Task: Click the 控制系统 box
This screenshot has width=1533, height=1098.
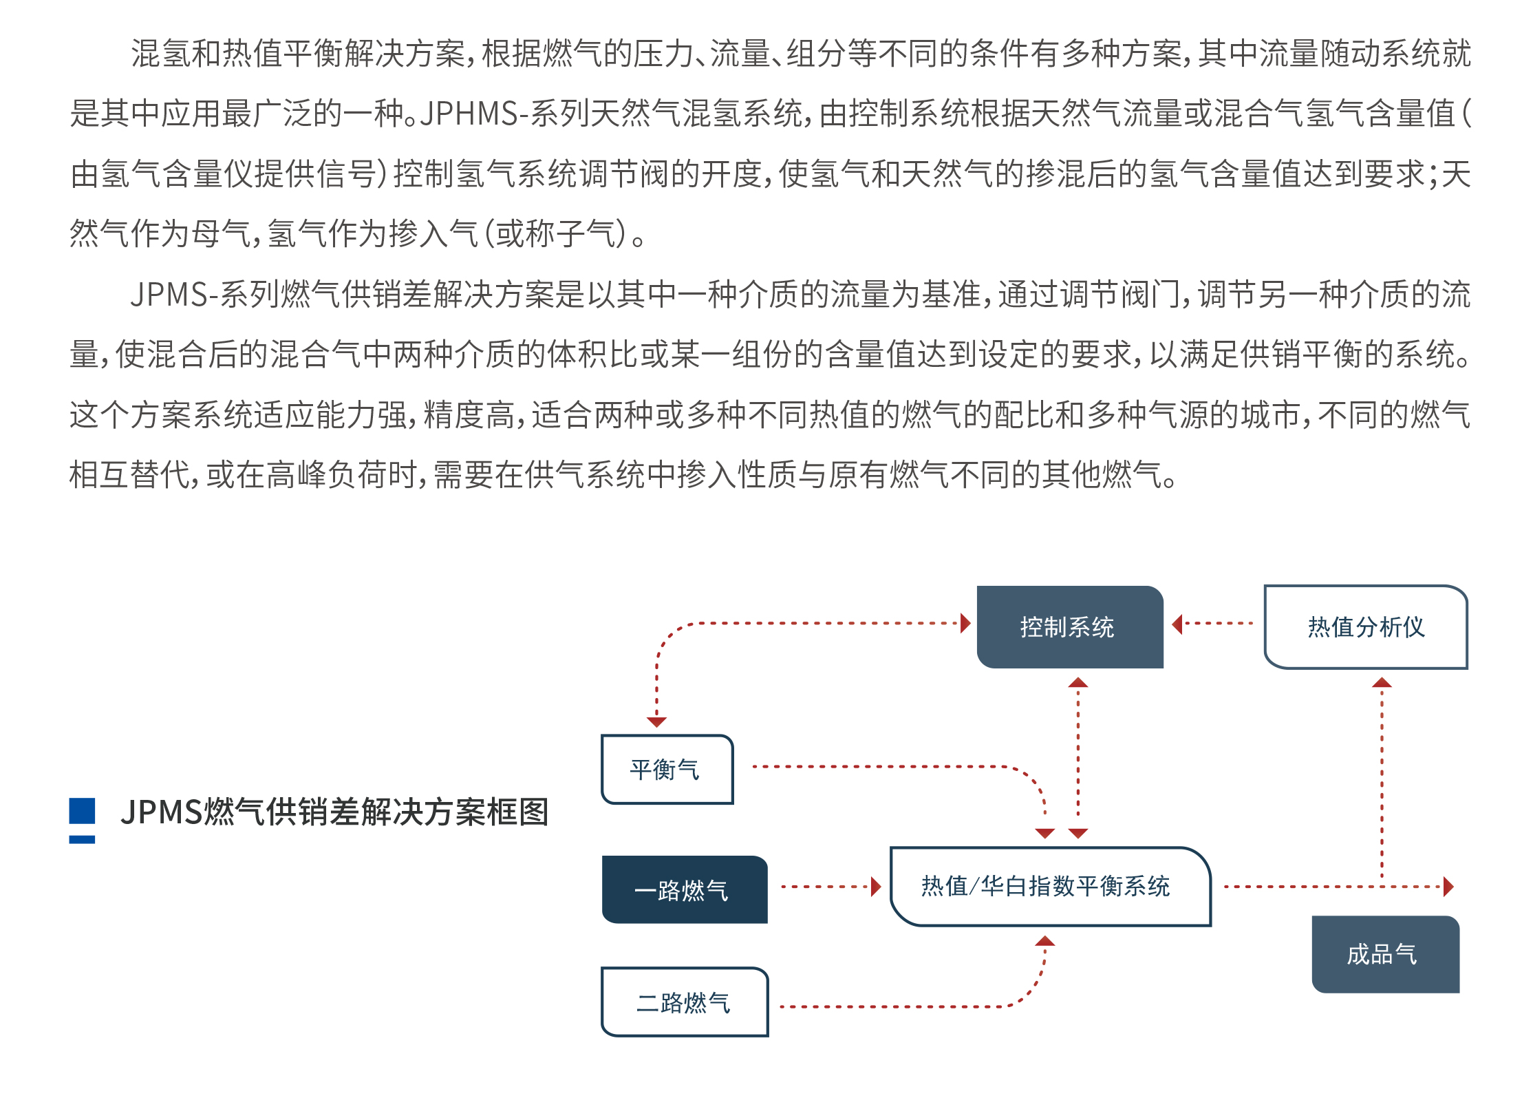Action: click(x=1069, y=626)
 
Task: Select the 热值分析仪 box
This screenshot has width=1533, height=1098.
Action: click(x=1365, y=626)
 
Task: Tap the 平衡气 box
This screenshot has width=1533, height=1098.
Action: click(x=666, y=769)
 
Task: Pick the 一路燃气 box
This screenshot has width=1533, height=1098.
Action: click(x=684, y=889)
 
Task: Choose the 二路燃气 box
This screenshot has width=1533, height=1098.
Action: click(x=684, y=1002)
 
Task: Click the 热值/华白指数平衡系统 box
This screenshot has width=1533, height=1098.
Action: click(x=1049, y=886)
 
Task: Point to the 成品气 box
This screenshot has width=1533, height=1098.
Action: click(x=1384, y=954)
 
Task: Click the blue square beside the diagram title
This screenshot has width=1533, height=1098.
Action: click(x=82, y=811)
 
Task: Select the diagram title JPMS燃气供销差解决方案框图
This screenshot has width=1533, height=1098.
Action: click(x=334, y=812)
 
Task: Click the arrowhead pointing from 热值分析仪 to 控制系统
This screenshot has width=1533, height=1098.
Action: click(x=1177, y=624)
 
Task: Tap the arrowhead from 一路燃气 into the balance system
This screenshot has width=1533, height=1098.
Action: click(x=876, y=887)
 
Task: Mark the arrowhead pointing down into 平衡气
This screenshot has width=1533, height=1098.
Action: click(x=656, y=721)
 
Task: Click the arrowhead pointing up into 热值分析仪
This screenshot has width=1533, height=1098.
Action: click(x=1382, y=683)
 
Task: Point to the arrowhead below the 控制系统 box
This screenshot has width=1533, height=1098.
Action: click(x=1078, y=682)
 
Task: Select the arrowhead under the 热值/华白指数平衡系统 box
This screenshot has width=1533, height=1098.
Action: click(x=1044, y=941)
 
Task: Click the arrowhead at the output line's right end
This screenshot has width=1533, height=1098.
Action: click(x=1448, y=887)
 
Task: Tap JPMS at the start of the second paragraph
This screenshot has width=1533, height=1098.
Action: click(x=169, y=295)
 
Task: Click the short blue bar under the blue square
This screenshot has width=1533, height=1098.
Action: click(x=82, y=840)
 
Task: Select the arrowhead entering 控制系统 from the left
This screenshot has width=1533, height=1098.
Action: click(x=965, y=624)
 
